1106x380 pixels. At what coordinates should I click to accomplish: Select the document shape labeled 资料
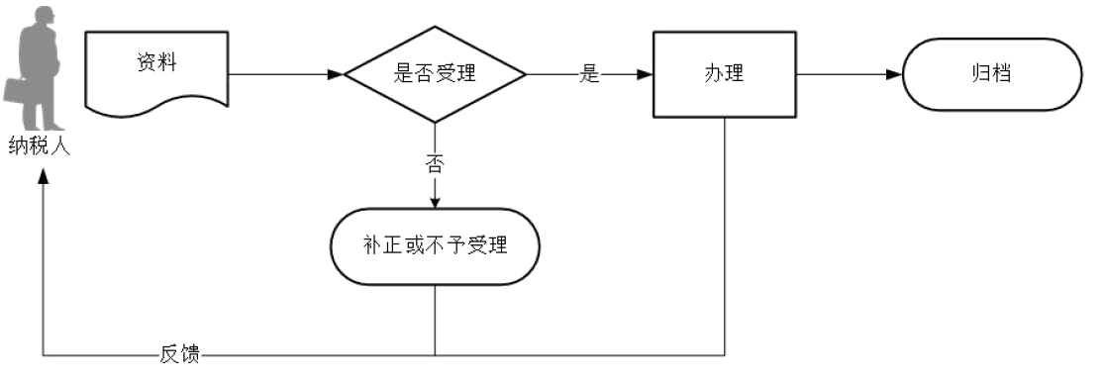157,69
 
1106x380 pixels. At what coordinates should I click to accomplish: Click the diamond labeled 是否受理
434,74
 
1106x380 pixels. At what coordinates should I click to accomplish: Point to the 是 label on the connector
590,75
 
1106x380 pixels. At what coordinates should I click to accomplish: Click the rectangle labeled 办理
725,74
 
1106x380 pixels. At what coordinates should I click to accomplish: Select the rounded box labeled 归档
991,74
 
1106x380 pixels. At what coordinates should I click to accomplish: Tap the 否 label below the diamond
434,164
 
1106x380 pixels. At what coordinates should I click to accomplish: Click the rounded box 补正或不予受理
434,245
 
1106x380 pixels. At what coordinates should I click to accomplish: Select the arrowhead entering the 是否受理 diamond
336,74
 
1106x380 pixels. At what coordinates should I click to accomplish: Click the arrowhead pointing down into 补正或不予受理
434,202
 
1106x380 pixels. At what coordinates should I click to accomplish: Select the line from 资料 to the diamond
282,74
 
